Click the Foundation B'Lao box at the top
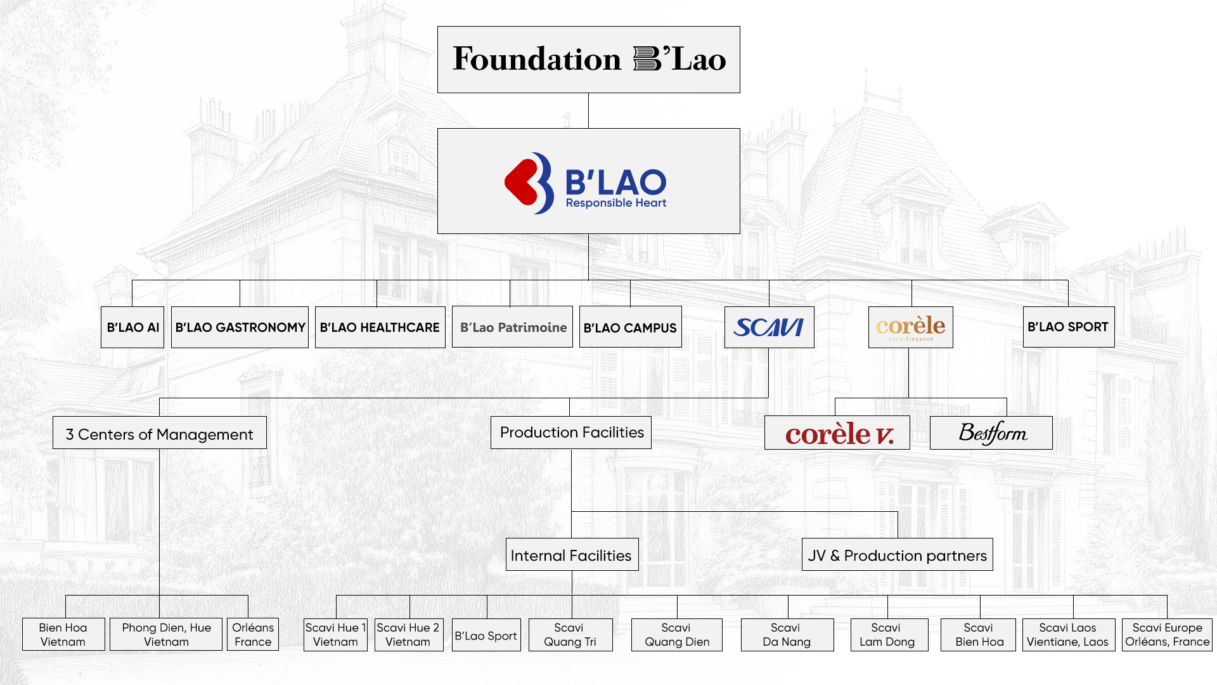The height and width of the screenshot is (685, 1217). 588,60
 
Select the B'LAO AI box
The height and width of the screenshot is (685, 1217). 132,327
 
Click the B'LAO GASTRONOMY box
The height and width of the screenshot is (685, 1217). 240,327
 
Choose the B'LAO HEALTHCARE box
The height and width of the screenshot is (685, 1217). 380,327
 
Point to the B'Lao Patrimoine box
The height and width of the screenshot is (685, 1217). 512,327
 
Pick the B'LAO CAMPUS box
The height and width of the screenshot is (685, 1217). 630,327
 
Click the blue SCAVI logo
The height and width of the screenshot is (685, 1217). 769,327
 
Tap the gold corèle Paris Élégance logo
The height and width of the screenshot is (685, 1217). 910,327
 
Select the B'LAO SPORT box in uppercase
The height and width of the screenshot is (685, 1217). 1068,327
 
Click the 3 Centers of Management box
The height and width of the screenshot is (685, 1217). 159,433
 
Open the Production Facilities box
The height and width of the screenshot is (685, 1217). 571,433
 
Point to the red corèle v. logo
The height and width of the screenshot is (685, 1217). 837,433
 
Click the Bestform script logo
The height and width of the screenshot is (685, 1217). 991,433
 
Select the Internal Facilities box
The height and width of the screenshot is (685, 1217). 571,555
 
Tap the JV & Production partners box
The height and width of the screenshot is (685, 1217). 897,555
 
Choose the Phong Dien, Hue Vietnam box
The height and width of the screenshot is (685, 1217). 166,634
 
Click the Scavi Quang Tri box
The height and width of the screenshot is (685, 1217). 570,634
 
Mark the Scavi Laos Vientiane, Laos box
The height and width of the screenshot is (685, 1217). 1068,634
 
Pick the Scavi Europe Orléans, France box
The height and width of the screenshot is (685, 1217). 1167,634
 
